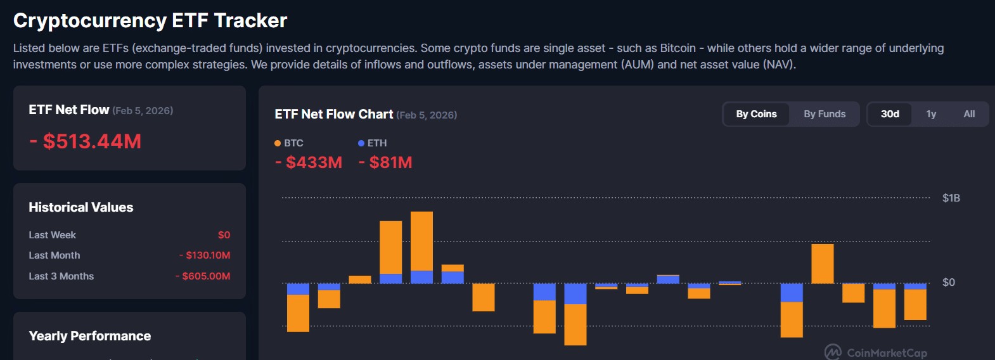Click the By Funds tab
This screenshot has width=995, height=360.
[x=825, y=114]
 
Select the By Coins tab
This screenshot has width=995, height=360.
[x=757, y=114]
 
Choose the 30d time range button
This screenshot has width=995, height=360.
[x=890, y=114]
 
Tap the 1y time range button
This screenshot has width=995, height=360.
[x=931, y=114]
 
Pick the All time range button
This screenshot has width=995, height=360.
[x=969, y=114]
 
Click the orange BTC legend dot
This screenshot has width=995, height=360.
[x=278, y=143]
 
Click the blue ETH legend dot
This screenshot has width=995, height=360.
[x=361, y=143]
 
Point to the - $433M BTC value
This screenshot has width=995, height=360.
[x=309, y=162]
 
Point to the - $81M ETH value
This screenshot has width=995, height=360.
[x=385, y=162]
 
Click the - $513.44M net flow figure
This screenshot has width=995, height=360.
[x=86, y=141]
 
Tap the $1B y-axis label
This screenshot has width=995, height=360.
[x=951, y=198]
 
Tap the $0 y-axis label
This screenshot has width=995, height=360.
[x=948, y=282]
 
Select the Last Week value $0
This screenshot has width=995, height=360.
[x=224, y=235]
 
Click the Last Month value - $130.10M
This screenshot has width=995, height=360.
[x=205, y=255]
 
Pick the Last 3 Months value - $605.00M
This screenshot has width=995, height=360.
[x=203, y=276]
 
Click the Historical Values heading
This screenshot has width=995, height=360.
[x=81, y=207]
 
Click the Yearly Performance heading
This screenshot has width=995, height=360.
[x=90, y=336]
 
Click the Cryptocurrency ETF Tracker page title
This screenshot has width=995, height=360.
[x=150, y=20]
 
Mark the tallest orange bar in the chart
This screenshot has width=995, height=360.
[x=421, y=241]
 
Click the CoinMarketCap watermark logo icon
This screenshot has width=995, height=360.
[x=833, y=352]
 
